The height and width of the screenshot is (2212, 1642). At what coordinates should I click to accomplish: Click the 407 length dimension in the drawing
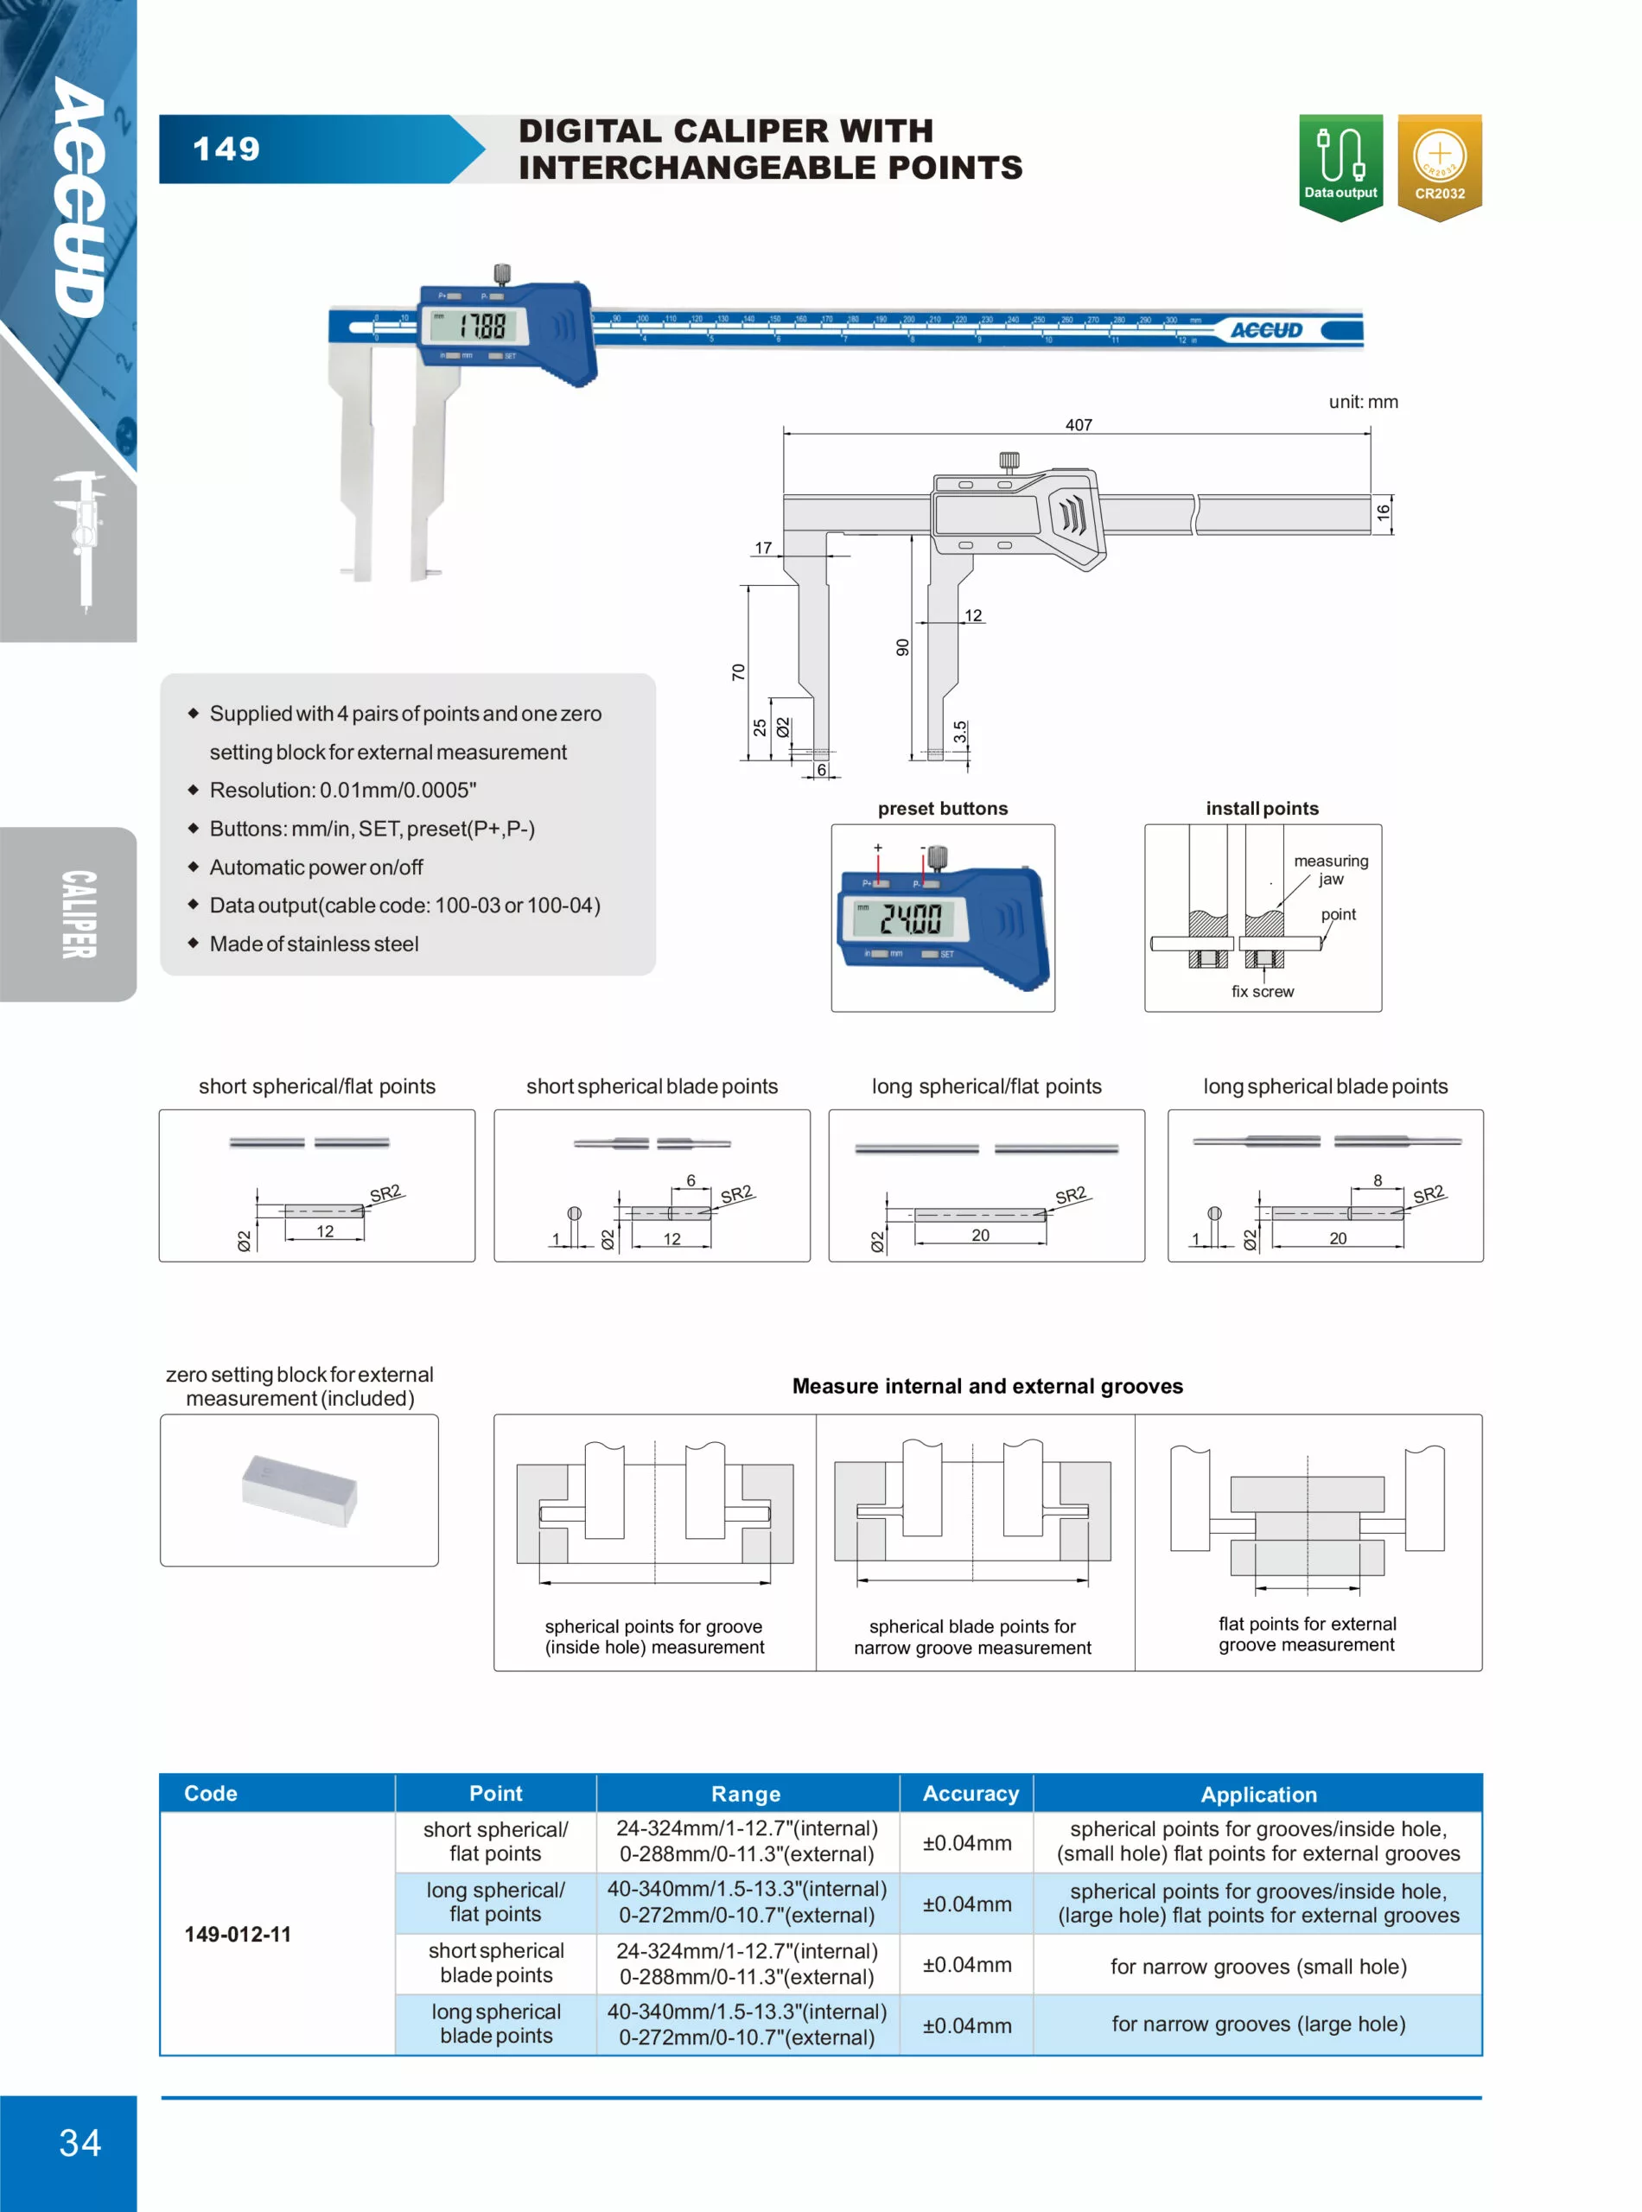pos(1079,424)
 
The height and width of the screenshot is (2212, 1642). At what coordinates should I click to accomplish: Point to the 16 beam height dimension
pos(1383,512)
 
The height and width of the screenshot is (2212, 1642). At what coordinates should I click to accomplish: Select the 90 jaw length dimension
pos(902,647)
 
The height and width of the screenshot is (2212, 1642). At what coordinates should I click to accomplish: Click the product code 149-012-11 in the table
pos(238,1934)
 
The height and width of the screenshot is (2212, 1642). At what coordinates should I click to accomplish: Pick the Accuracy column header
pos(971,1793)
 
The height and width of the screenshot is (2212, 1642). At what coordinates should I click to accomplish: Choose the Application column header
pos(1258,1794)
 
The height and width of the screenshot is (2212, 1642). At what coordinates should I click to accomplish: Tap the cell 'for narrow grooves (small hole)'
pos(1258,1966)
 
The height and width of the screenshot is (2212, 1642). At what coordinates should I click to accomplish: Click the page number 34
pos(80,2142)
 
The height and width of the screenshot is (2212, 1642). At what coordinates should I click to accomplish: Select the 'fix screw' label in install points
pos(1263,991)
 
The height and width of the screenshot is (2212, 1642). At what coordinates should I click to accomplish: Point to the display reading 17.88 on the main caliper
pos(482,326)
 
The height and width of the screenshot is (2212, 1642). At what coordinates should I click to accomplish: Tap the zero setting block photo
pos(299,1490)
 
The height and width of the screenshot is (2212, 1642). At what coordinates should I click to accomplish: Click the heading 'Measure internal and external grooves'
pos(987,1385)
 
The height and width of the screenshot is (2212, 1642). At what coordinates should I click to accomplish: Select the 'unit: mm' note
pos(1363,402)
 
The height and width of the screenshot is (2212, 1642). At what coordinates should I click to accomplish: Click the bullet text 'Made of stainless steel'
pos(314,943)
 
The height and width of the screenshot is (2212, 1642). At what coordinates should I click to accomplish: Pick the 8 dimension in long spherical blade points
pos(1377,1180)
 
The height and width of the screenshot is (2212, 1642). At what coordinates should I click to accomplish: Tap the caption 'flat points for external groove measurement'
pos(1307,1634)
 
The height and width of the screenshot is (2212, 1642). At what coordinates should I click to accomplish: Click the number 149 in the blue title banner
pos(226,149)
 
